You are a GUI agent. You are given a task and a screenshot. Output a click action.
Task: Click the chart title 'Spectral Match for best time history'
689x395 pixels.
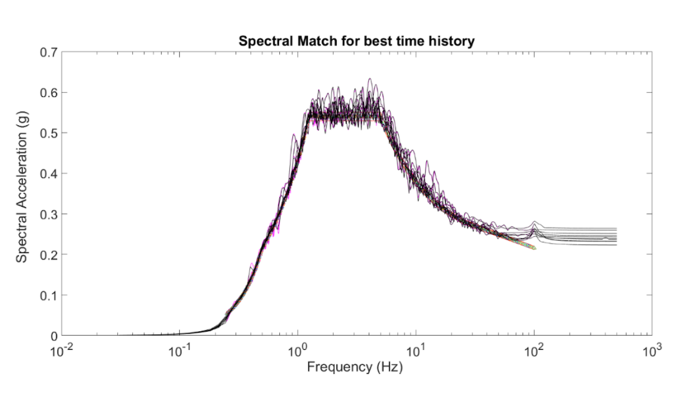[356, 41]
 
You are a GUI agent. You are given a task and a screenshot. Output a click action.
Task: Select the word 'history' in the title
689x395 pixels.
[455, 41]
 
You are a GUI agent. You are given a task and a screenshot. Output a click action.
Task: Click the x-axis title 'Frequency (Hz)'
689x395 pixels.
[355, 368]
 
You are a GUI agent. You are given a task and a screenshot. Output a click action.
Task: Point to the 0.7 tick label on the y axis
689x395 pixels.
[49, 52]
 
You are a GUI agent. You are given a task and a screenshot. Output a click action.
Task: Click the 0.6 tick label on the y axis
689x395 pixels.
[49, 93]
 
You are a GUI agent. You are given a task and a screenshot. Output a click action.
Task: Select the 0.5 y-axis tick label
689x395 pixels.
[49, 133]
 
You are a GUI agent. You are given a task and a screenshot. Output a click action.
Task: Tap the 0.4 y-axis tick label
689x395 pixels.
[49, 173]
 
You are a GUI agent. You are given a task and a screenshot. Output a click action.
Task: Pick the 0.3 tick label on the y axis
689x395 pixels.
[49, 214]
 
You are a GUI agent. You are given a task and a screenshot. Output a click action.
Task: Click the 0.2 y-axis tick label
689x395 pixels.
[49, 255]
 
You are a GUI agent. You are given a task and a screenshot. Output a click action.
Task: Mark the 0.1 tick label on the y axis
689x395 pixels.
[49, 295]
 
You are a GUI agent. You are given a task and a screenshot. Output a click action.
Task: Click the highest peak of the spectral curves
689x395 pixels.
[370, 79]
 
